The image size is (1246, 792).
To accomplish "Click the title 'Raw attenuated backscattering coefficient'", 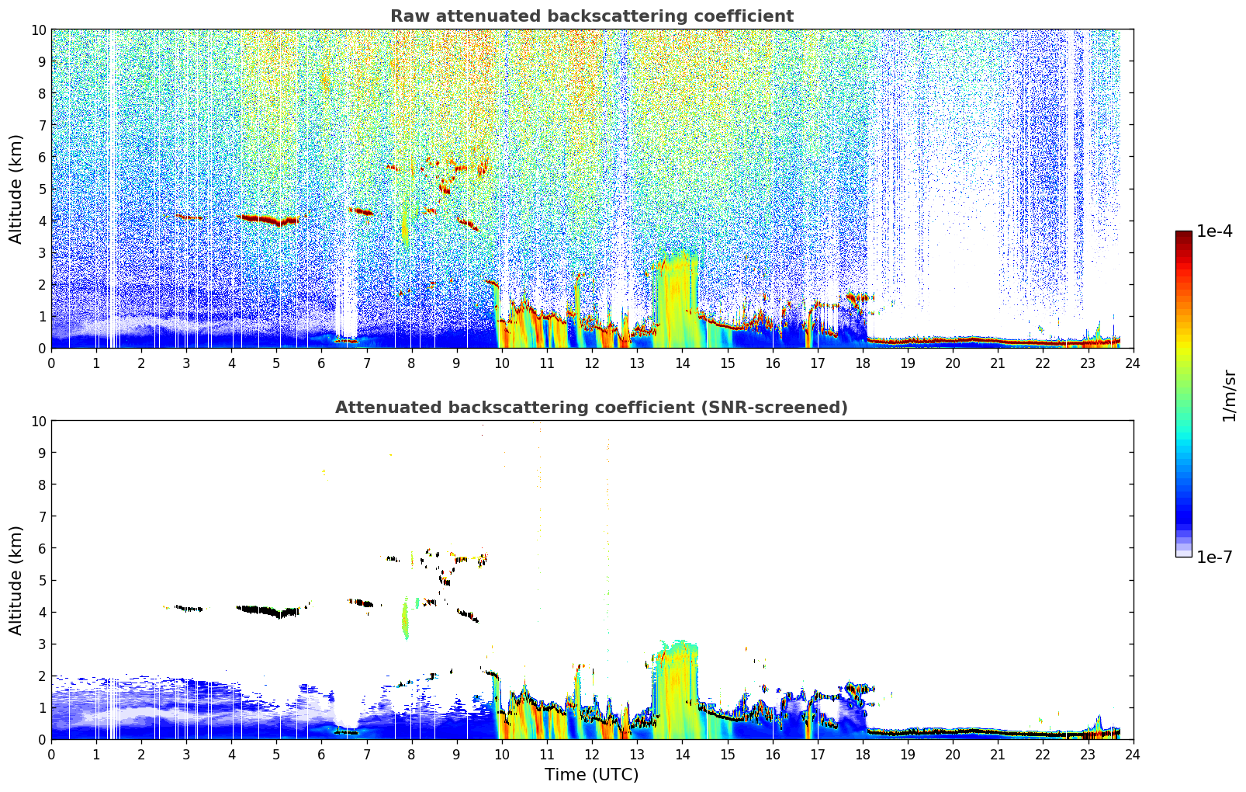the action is click(592, 16).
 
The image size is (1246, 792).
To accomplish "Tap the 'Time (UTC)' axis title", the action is click(592, 775).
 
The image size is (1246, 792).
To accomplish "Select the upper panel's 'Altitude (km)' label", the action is click(15, 189).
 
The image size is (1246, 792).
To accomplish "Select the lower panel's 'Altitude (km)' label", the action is click(15, 581).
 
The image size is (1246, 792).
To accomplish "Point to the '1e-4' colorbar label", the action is click(1214, 231).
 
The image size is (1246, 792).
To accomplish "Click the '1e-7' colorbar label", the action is click(1214, 558).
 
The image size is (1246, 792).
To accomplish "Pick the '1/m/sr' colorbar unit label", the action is click(1229, 396).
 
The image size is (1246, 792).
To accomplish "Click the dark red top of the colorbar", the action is click(1184, 234).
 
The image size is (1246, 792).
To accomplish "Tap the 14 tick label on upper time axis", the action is click(683, 363).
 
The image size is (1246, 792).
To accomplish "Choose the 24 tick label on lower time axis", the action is click(1133, 755).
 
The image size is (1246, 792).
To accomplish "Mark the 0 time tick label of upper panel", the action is click(52, 363).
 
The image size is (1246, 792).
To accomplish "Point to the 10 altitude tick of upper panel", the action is click(38, 30).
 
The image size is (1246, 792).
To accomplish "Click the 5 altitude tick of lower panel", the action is click(42, 581).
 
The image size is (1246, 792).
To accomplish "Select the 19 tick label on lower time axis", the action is click(908, 755).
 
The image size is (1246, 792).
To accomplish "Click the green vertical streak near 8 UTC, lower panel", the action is click(405, 618).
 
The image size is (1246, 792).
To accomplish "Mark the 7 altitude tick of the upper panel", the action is click(42, 125).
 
